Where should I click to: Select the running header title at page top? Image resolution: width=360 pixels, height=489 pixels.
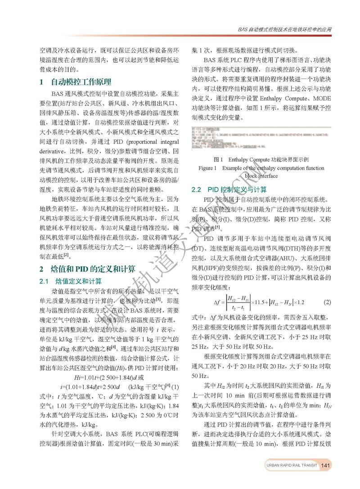click(x=283, y=30)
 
